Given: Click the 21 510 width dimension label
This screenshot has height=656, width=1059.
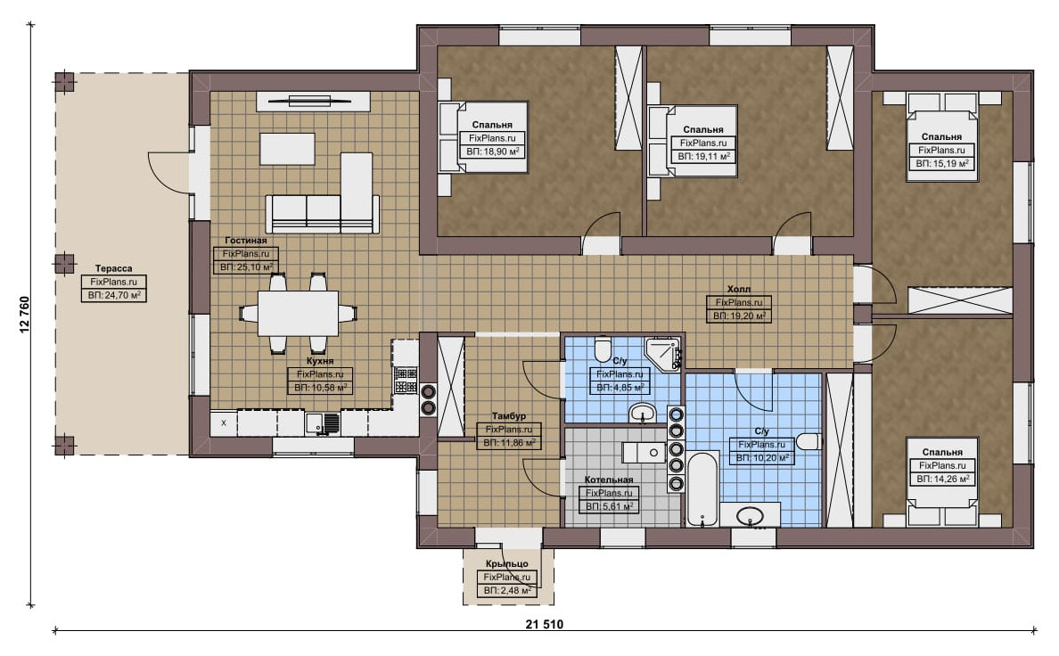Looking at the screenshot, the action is [545, 624].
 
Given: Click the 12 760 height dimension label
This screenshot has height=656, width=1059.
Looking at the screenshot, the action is [26, 314].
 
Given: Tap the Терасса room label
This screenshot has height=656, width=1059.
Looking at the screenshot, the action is [113, 268].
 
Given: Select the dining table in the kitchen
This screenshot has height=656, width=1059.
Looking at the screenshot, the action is [298, 313].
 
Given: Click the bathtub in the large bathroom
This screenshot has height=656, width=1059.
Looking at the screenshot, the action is [702, 488].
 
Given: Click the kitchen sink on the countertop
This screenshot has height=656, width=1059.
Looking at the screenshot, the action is [322, 422].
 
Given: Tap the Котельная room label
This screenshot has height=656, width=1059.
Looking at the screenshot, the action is [609, 480].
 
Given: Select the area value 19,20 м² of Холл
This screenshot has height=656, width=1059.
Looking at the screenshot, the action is [739, 316].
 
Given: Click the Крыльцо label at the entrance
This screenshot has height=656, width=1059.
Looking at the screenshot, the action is [506, 563].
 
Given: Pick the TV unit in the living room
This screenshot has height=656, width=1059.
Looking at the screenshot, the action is [313, 102].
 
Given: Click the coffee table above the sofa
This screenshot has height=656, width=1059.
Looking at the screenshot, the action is [287, 149].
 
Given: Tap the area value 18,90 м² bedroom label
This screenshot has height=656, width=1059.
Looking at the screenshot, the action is [492, 152].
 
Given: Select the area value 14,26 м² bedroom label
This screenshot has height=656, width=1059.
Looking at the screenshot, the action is [942, 479].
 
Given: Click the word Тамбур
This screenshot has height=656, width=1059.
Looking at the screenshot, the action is [509, 416].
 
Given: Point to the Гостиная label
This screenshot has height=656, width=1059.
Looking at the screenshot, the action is [246, 241].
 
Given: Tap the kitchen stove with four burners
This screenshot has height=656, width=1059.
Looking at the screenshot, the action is [406, 381].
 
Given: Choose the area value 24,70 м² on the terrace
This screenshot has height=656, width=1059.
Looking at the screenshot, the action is [113, 295].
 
